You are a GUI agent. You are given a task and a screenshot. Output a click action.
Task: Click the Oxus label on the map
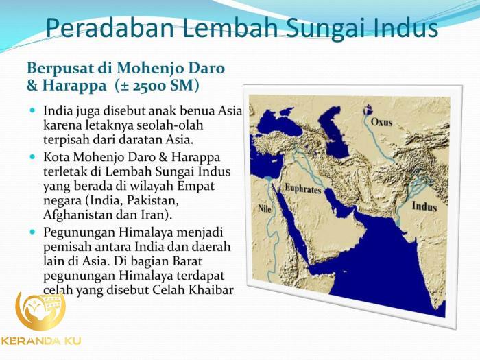click(x=382, y=123)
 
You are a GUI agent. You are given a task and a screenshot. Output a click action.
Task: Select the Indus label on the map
click(x=424, y=205)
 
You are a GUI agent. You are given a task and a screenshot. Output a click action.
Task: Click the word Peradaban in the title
click(x=103, y=29)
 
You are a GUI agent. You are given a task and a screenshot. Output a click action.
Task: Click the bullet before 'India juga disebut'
click(x=34, y=110)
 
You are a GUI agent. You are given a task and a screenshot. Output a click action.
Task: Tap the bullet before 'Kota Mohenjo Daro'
click(x=34, y=157)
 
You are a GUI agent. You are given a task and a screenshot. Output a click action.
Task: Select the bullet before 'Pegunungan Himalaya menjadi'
click(x=34, y=232)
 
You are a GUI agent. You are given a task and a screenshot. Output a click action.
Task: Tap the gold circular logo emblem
click(x=40, y=311)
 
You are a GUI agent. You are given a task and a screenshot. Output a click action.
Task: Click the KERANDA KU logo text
click(x=41, y=341)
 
